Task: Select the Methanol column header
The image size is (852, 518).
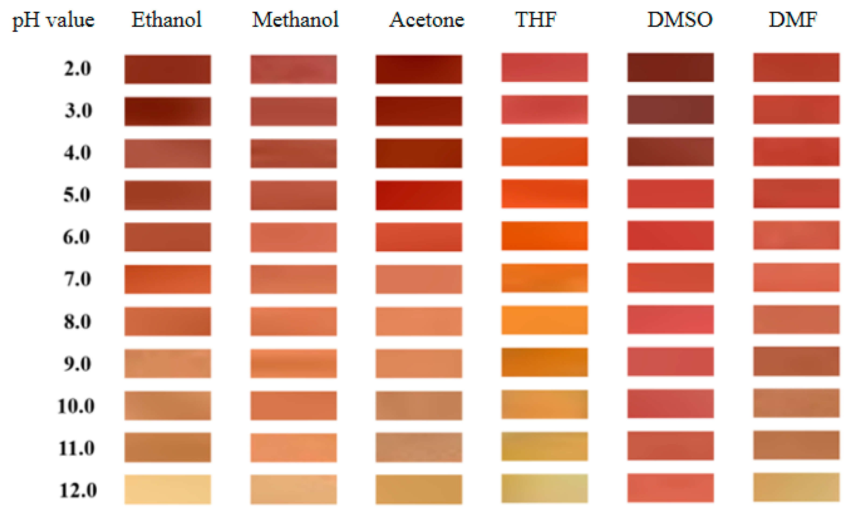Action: click(295, 20)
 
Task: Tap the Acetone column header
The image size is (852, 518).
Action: click(426, 20)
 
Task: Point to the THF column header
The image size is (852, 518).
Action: click(536, 20)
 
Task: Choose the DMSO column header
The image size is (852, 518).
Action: click(680, 20)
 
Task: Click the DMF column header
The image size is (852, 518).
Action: click(793, 20)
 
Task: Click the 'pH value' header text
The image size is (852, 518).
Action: click(53, 20)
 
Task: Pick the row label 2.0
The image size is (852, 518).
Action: click(77, 68)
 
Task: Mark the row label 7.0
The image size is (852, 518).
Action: click(77, 279)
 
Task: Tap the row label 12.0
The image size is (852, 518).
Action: click(78, 490)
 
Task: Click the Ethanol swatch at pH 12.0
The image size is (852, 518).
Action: click(168, 489)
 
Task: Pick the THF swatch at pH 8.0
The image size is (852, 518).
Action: click(545, 320)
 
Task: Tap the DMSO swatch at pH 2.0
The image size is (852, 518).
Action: click(670, 68)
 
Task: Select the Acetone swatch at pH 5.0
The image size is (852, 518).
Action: click(419, 195)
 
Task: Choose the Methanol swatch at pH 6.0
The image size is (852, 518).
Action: click(294, 237)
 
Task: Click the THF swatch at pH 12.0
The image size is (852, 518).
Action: click(545, 488)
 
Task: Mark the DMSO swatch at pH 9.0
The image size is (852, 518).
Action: click(670, 362)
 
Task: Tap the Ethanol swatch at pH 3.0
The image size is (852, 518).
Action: click(168, 111)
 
